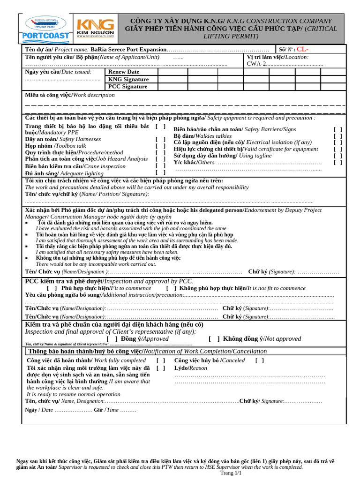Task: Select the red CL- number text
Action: [302, 50]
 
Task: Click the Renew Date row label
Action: [124, 72]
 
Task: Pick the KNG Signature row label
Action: [128, 79]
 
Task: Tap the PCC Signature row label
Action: [127, 86]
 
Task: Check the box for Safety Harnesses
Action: [161, 139]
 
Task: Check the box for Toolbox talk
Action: [161, 146]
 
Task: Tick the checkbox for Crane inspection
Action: [161, 165]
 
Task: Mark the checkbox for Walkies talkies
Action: [337, 136]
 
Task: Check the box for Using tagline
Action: [337, 156]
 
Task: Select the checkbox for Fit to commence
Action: [52, 288]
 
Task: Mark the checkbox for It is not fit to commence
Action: [172, 288]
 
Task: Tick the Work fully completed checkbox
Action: [161, 360]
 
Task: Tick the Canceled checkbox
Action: [259, 360]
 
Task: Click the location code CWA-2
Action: [256, 64]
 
